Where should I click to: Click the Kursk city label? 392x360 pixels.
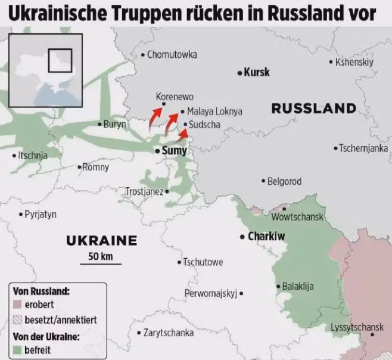(257, 72)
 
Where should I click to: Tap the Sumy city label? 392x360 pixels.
(174, 151)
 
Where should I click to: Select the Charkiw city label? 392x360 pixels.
(266, 237)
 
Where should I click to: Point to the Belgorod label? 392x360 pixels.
(284, 181)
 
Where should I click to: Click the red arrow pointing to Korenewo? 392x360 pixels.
(158, 112)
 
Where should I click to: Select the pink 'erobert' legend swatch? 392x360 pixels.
(18, 305)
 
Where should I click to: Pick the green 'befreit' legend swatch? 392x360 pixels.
(18, 350)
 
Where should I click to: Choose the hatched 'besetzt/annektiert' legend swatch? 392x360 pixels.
(18, 319)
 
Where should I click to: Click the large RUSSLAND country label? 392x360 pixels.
(313, 108)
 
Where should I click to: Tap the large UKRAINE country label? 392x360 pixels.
(101, 241)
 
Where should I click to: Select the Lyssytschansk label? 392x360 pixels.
(357, 327)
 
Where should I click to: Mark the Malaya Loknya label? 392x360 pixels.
(214, 111)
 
